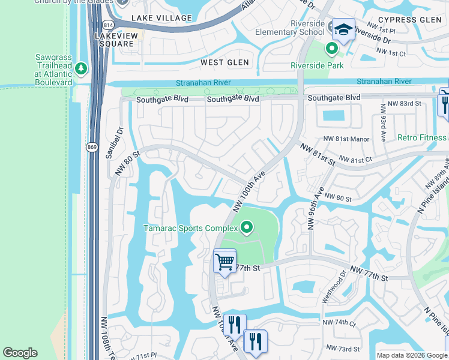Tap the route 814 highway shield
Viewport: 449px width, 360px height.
[107, 26]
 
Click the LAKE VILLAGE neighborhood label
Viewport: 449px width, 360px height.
[161, 19]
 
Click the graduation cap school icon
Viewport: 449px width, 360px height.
[343, 29]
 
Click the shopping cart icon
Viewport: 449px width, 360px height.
[224, 262]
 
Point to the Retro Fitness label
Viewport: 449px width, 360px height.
[422, 137]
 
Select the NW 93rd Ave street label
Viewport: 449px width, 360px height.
[382, 122]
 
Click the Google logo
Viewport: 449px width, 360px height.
[20, 353]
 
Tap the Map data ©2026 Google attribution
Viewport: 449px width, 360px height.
[412, 355]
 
